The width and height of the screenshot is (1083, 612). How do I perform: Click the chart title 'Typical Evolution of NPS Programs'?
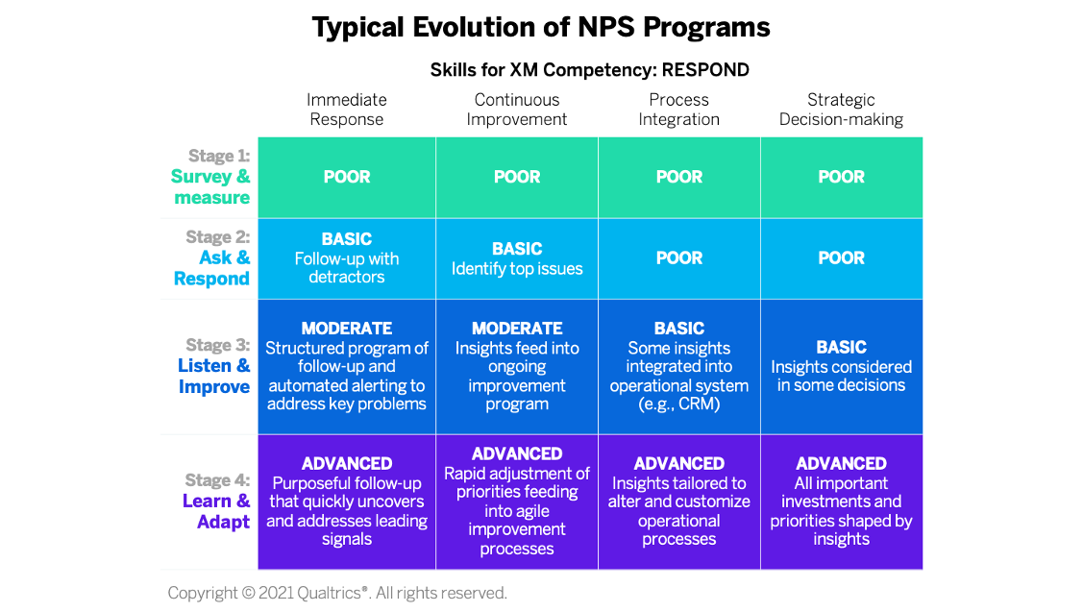(541, 28)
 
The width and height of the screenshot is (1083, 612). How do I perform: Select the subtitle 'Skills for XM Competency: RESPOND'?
(589, 70)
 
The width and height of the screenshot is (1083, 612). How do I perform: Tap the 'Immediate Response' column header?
(347, 110)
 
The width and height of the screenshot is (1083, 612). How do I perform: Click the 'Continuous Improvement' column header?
(517, 110)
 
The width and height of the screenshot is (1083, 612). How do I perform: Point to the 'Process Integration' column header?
(679, 110)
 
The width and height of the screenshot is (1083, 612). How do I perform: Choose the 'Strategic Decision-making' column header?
(841, 110)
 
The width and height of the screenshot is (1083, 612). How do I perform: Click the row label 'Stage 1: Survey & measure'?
(210, 177)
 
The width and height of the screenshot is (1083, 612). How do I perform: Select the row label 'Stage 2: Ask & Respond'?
(211, 257)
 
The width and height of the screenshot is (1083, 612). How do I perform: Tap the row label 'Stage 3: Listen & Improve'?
(213, 366)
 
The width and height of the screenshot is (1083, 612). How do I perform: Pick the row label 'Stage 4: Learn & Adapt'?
(216, 501)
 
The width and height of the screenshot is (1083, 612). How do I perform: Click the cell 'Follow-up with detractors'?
(347, 258)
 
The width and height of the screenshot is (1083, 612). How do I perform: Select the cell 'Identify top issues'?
(517, 258)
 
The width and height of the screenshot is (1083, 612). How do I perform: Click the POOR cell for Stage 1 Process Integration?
(679, 178)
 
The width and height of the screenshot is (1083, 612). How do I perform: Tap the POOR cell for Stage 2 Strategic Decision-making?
(841, 258)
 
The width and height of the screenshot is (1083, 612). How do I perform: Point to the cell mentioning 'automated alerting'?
(347, 366)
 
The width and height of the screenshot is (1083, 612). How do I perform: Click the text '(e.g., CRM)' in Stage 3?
(679, 404)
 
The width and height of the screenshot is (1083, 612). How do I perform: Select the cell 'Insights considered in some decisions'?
(841, 366)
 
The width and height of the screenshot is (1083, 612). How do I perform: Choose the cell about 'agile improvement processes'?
(517, 502)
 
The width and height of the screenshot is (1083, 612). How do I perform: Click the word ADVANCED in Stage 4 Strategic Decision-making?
(841, 463)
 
